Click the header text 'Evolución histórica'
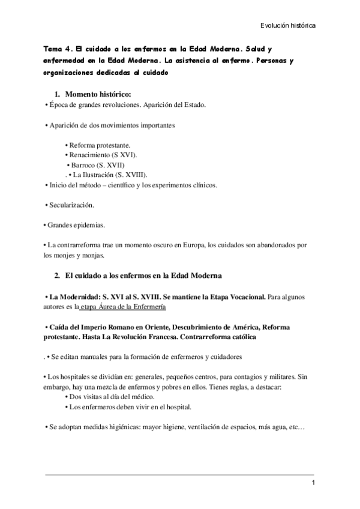(x=288, y=26)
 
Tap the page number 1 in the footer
(x=313, y=484)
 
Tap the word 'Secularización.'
(x=71, y=205)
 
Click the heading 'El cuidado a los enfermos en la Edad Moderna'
(x=143, y=276)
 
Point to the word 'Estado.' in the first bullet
(x=193, y=105)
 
